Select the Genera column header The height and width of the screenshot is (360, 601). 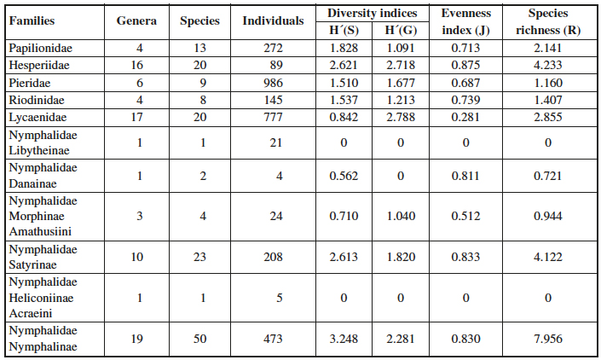click(x=137, y=20)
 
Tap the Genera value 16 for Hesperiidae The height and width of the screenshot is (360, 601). click(x=137, y=64)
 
